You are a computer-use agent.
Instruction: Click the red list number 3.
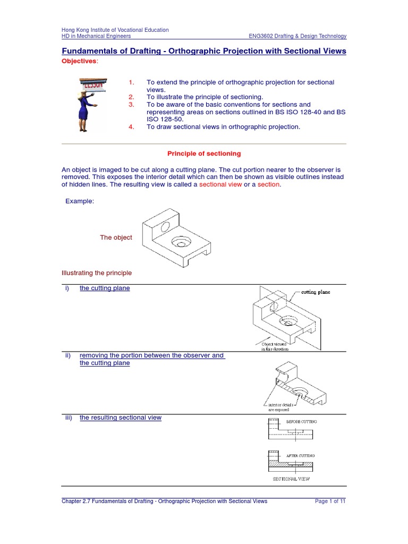tap(132, 105)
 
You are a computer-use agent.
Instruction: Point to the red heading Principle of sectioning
tap(204, 154)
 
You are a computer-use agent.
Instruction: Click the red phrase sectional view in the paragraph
tap(220, 184)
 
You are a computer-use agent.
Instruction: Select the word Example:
tap(80, 201)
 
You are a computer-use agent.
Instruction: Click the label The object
tap(116, 237)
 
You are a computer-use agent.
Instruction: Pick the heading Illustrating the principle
tap(97, 273)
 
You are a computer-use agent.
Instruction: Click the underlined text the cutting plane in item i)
tap(105, 288)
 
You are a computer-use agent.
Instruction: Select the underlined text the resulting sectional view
tap(121, 418)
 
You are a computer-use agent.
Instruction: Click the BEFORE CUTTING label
tap(301, 421)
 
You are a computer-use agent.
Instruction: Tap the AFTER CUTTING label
tap(301, 456)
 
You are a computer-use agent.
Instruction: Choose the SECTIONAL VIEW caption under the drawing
tap(291, 479)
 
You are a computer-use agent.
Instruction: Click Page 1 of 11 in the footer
tap(330, 501)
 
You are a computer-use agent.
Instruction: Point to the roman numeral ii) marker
tap(68, 355)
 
